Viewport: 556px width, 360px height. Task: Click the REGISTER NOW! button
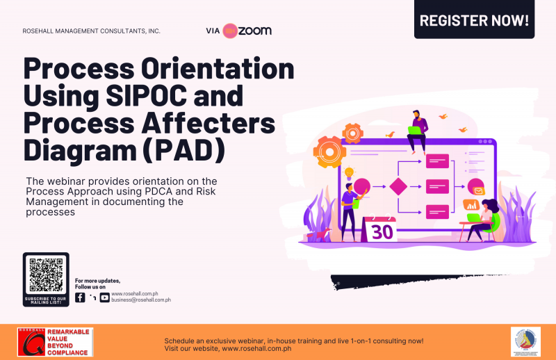click(x=475, y=20)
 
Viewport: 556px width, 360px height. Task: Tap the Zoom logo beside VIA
click(x=247, y=31)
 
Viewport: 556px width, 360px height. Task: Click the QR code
click(x=46, y=276)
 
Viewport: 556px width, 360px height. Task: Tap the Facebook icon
click(x=80, y=297)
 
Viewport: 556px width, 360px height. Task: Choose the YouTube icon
click(x=104, y=297)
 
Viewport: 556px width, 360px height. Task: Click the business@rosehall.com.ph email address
click(x=140, y=300)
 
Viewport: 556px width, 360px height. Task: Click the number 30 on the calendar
click(x=382, y=232)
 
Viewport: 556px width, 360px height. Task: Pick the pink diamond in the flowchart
click(x=398, y=187)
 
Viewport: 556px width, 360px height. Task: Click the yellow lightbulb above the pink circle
click(x=349, y=172)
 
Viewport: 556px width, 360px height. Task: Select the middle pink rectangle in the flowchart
click(x=437, y=186)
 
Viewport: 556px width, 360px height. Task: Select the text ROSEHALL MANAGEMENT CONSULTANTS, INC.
click(x=90, y=31)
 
